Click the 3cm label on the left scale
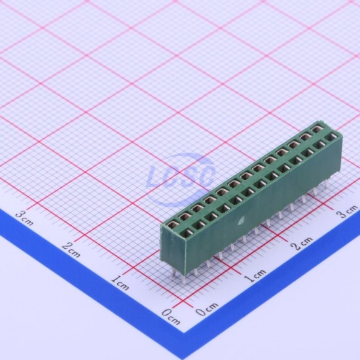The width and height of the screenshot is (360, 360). [25, 219]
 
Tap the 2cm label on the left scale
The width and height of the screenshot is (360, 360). [71, 250]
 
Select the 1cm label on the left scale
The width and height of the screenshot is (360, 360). [120, 283]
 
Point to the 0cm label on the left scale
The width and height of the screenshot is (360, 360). [171, 317]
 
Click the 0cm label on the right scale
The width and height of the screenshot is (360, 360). [207, 309]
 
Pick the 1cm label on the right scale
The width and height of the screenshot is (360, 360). [255, 276]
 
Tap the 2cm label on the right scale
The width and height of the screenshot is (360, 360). [302, 243]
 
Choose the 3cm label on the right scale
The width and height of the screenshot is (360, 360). [347, 211]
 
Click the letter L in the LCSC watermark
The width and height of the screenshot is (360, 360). [156, 177]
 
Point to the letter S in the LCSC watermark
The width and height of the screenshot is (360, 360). [187, 175]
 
